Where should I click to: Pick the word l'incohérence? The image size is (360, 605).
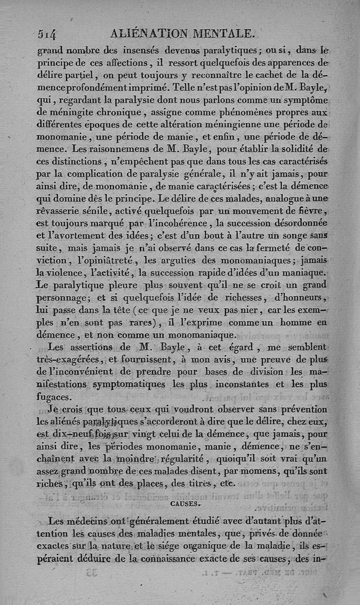point(173,222)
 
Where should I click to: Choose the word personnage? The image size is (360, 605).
point(65,298)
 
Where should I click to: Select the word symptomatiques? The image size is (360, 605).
point(129,384)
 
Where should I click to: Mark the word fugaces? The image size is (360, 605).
point(53,397)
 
